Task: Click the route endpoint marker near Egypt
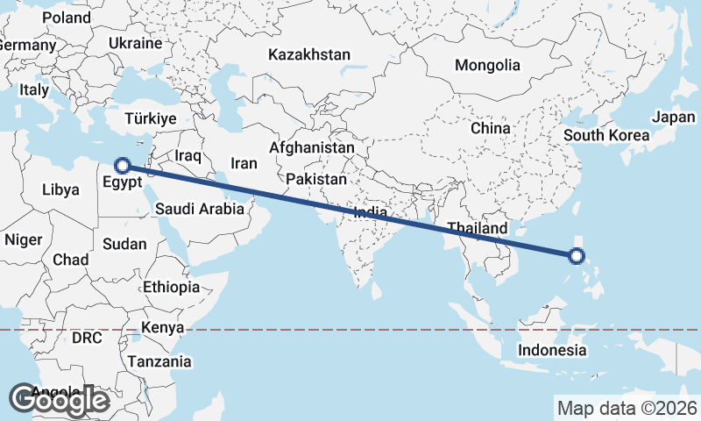pos(124,165)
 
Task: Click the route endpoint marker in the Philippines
pos(576,256)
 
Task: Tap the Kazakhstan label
pos(309,54)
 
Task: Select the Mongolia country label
pos(487,65)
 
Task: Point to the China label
pos(490,128)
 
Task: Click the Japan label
pos(673,117)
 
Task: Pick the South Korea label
pos(606,135)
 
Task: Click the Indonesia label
pos(552,350)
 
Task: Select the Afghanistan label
pos(311,147)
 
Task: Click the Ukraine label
pos(136,43)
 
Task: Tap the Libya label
pos(60,189)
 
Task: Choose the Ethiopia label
pos(171,287)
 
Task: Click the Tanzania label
pos(159,361)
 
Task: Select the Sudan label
pos(124,245)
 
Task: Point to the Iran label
pos(244,163)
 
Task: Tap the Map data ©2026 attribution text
pos(627,408)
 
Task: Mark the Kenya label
pos(163,327)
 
